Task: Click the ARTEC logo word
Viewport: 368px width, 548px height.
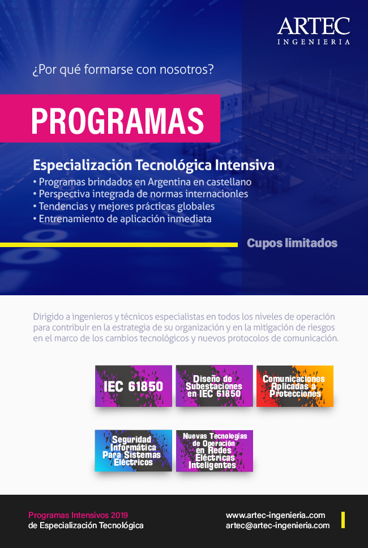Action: point(314,26)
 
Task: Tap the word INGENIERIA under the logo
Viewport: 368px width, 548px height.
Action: point(314,42)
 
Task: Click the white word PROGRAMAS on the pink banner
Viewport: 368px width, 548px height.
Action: point(118,121)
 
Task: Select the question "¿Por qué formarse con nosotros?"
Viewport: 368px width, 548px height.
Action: point(123,69)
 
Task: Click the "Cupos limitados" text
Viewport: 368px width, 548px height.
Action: point(292,243)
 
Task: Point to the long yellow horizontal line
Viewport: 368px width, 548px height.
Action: point(119,245)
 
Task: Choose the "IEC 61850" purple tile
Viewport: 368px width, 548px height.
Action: point(134,386)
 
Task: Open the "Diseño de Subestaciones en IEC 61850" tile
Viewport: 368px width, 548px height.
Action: point(215,386)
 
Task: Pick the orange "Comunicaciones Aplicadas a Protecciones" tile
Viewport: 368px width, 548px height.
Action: point(295,386)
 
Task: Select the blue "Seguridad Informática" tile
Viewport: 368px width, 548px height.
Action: point(134,451)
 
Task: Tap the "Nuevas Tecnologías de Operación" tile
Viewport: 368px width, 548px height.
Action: point(215,451)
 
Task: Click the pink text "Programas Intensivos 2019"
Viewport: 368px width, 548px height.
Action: point(78,515)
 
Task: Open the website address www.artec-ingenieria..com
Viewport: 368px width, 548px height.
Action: point(276,516)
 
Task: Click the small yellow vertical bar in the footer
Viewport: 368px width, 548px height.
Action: point(343,520)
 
